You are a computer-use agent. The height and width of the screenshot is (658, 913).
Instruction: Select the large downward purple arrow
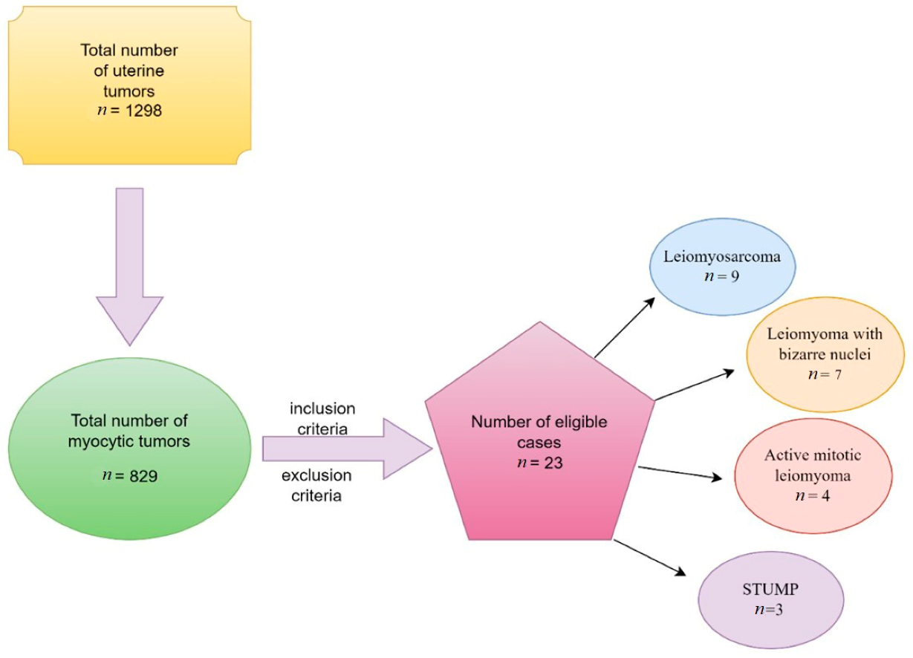pos(129,264)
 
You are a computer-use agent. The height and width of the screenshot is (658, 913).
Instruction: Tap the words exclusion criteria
pos(321,485)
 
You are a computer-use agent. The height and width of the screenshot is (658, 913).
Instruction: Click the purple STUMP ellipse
pos(771,600)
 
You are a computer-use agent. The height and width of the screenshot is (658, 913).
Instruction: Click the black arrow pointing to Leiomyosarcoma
pos(626,328)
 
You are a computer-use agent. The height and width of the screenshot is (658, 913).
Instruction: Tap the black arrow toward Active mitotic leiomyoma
pos(679,473)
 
